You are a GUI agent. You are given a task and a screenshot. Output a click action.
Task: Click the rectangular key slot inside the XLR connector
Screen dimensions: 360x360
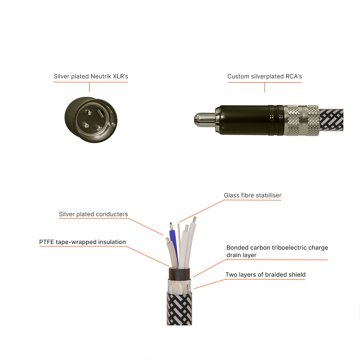100,114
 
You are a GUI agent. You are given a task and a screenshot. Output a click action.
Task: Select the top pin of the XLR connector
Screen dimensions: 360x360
90,112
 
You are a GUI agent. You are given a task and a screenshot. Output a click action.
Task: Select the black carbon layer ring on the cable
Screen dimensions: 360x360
179,274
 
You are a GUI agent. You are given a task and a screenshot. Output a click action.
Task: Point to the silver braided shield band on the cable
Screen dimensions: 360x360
179,286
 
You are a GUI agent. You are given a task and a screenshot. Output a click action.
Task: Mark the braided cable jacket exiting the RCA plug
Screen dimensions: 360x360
331,120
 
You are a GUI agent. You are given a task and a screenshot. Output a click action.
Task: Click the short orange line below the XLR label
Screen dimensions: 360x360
89,87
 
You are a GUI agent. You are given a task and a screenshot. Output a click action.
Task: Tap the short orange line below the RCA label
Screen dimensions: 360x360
265,87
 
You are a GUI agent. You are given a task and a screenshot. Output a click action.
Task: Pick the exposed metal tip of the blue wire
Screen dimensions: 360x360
171,226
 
